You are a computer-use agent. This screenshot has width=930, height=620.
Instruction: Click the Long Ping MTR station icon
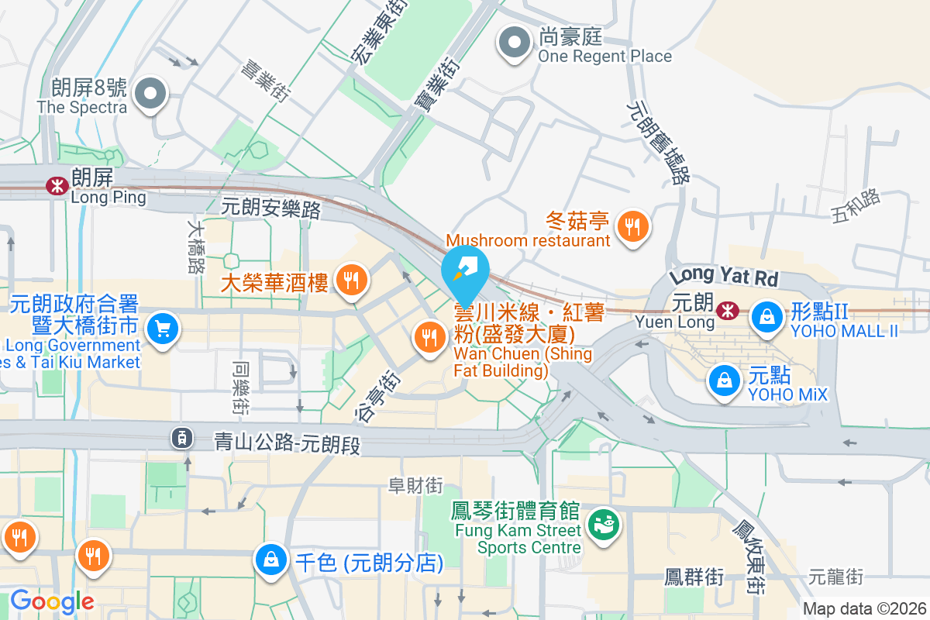[x=57, y=185]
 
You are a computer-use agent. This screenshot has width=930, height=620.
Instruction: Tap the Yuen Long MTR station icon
[x=728, y=311]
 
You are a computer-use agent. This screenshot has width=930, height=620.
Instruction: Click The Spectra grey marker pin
[x=150, y=95]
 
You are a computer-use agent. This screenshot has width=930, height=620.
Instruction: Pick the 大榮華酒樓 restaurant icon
[x=352, y=281]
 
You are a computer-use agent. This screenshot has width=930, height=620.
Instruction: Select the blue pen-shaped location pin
[x=465, y=272]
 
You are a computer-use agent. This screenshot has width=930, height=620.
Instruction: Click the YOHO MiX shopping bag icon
[x=724, y=380]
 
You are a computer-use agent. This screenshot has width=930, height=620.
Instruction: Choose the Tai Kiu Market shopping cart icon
[x=163, y=329]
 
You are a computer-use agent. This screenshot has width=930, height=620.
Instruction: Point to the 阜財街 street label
[x=415, y=485]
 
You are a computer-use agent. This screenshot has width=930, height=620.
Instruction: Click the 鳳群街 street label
[x=694, y=577]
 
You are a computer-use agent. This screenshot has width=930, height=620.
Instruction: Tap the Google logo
[x=52, y=601]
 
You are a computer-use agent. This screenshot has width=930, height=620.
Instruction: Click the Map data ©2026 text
[x=864, y=609]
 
